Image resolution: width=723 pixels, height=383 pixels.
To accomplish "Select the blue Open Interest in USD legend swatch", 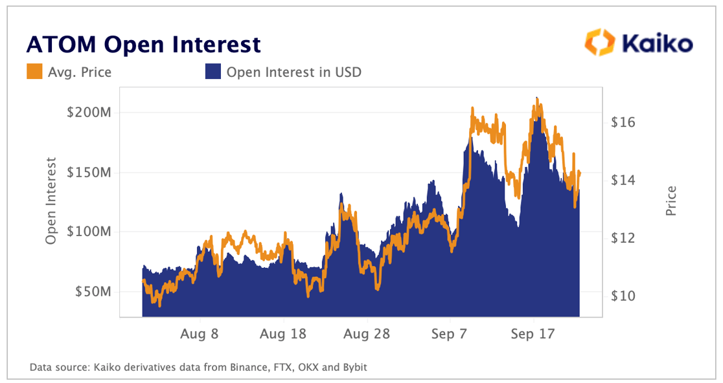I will click(213, 72).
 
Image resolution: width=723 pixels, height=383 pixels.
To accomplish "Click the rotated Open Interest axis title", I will click(51, 201).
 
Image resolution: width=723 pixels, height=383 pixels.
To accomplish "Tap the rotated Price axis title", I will click(671, 201).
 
